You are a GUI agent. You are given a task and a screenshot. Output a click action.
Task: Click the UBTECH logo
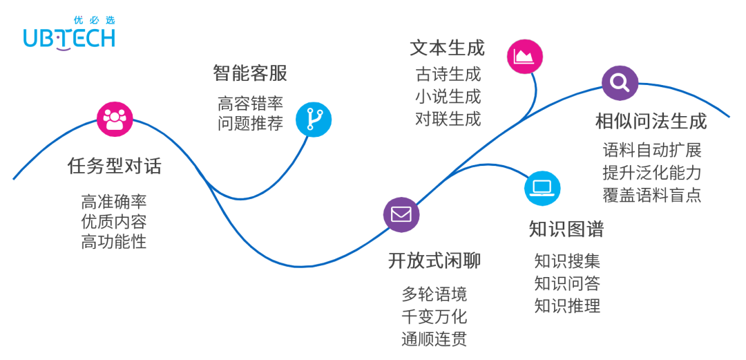(x=69, y=38)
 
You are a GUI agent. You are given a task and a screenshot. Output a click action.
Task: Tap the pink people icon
(x=115, y=119)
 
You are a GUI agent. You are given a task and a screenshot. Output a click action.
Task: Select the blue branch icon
(x=314, y=119)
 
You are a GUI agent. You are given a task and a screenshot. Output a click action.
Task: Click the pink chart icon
(x=525, y=56)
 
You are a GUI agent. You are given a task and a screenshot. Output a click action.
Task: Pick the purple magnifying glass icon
(x=620, y=84)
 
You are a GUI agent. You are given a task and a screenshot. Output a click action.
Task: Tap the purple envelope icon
(x=401, y=214)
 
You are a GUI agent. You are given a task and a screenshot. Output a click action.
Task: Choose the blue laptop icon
(x=542, y=187)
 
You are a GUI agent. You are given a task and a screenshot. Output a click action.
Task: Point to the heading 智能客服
(x=250, y=73)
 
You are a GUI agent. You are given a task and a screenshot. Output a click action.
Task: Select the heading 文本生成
(x=447, y=48)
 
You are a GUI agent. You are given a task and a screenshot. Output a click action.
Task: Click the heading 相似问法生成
(x=651, y=122)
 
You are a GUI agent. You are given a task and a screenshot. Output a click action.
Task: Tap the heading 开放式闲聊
(x=434, y=261)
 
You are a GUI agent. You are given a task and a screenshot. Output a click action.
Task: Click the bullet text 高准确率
(x=114, y=202)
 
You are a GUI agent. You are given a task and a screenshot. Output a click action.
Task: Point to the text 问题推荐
(x=250, y=124)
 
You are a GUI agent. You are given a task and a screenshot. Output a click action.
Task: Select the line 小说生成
(x=448, y=96)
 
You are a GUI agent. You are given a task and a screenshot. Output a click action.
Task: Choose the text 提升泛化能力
(x=651, y=172)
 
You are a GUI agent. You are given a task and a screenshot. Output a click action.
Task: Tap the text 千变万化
(x=434, y=316)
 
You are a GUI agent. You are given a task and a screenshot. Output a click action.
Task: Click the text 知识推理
(x=567, y=305)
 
